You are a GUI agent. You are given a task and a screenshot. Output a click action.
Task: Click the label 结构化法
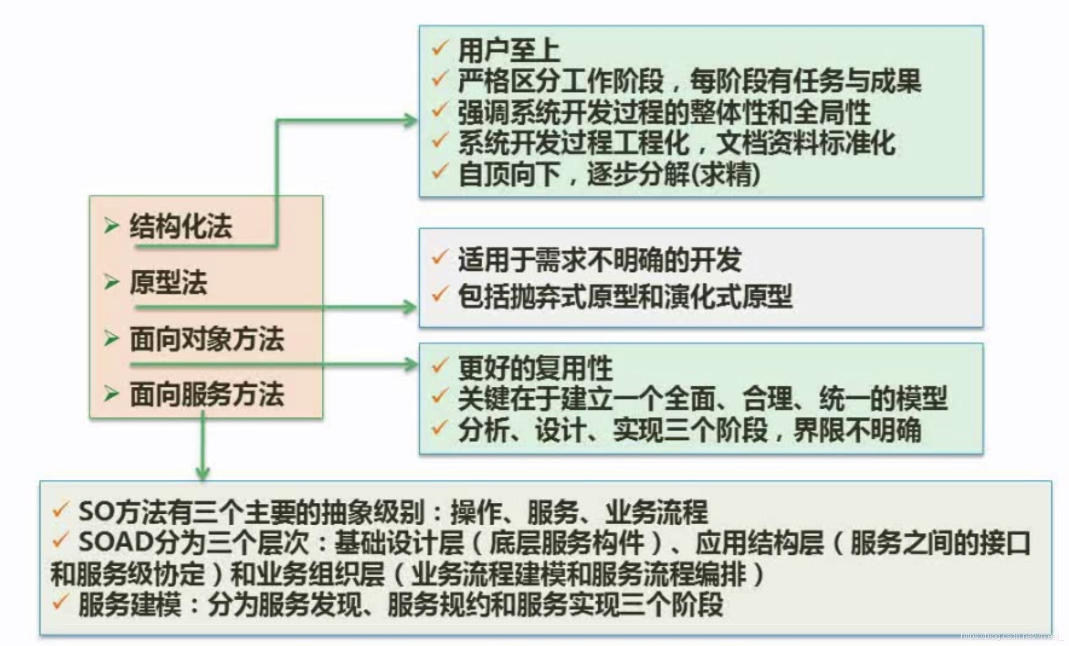click(x=181, y=227)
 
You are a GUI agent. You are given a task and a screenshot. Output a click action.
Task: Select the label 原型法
click(x=168, y=283)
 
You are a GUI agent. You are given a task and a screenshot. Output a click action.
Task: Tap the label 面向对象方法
click(x=207, y=339)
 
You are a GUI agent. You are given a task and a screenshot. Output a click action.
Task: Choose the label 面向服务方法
click(x=207, y=394)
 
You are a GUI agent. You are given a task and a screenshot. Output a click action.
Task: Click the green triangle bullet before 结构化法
click(x=111, y=226)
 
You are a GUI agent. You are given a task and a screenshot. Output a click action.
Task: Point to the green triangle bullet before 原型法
click(x=111, y=282)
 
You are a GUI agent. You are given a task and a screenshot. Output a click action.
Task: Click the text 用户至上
click(x=509, y=51)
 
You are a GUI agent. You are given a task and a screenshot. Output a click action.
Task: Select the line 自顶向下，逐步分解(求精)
click(x=609, y=174)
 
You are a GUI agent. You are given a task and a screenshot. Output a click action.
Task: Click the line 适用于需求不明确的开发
click(x=600, y=260)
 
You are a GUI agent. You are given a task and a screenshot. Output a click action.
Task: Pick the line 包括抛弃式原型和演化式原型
click(x=625, y=297)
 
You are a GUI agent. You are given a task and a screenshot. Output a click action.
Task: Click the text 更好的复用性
click(x=535, y=369)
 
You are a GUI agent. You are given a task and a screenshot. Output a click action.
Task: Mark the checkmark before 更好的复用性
click(x=440, y=365)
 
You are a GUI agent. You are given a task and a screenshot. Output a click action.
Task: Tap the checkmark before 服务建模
click(x=60, y=602)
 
